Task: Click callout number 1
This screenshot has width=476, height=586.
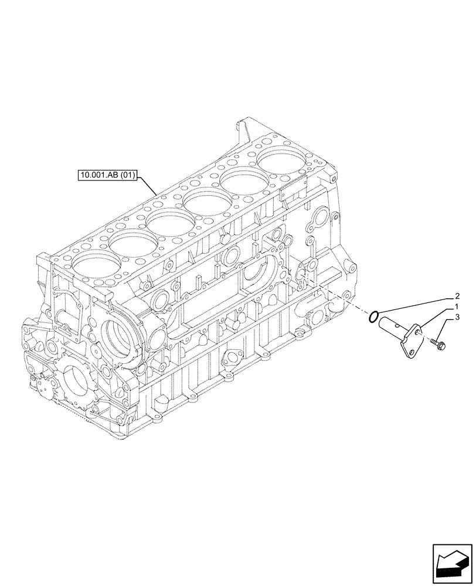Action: pyautogui.click(x=455, y=307)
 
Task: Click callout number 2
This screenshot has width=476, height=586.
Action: pyautogui.click(x=455, y=297)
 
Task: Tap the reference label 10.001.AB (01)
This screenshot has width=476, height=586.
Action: pyautogui.click(x=107, y=175)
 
